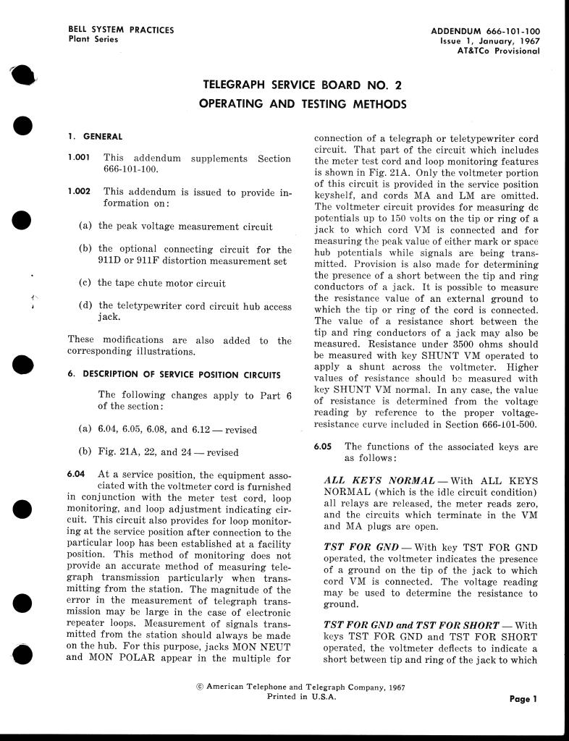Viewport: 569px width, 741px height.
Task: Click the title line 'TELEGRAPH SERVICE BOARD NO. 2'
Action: point(303,85)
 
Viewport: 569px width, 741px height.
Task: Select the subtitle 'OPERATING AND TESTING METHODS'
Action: point(303,104)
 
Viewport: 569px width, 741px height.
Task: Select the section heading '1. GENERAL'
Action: point(95,136)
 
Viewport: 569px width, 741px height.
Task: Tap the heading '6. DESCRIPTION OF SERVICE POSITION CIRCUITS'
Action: point(174,374)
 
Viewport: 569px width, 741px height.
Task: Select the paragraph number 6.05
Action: point(324,447)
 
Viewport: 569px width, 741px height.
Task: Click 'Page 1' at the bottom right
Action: point(523,699)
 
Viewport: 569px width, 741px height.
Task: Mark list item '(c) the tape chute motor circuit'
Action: point(151,283)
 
